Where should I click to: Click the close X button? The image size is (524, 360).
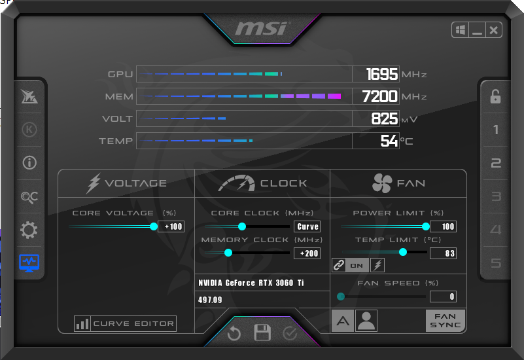coord(493,30)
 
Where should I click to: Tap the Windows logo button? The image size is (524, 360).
coord(461,30)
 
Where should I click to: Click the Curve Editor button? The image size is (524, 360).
coord(125,323)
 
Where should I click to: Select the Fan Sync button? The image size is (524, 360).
coord(445,321)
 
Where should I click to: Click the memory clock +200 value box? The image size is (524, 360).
coord(307,253)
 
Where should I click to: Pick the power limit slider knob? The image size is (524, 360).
coord(425,226)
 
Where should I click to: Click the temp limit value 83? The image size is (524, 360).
coord(443,253)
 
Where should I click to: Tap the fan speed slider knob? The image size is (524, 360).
coord(341,297)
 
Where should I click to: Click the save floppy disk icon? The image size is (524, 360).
coord(262,333)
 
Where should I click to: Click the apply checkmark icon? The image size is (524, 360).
coord(290,333)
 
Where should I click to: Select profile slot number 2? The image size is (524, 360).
coord(496,163)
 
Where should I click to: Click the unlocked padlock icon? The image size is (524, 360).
coord(495,97)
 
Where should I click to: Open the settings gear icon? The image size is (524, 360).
coord(29,230)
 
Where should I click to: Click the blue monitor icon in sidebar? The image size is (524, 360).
coord(29,263)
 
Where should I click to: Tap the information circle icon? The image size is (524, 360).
coord(29,163)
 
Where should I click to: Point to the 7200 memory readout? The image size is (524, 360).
coord(380,97)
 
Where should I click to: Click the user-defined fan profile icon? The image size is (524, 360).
coord(366,321)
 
